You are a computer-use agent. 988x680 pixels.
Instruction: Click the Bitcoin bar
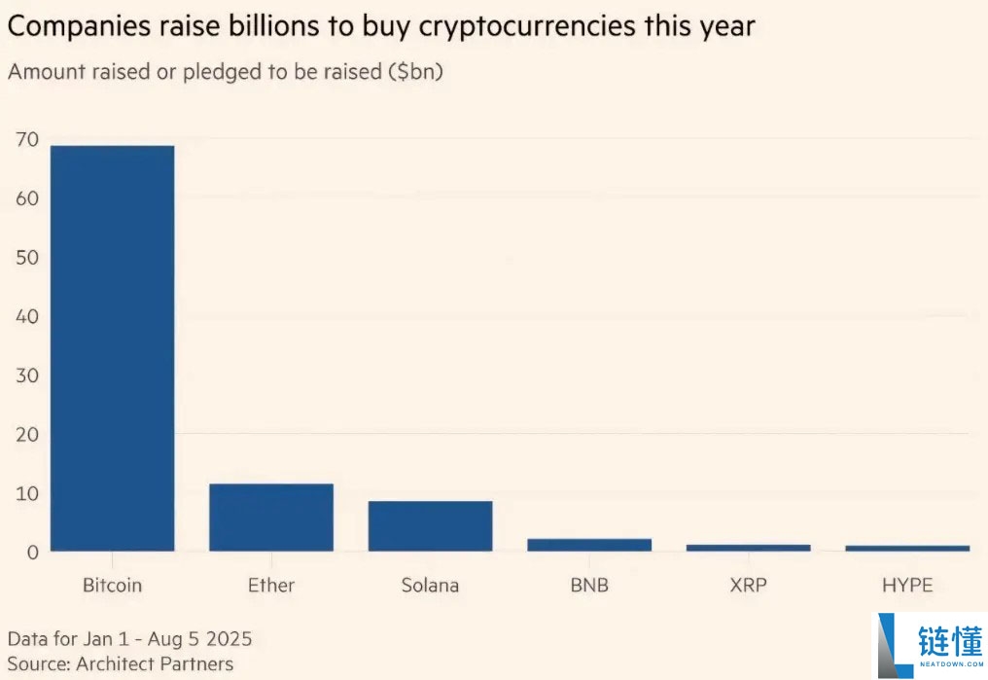pyautogui.click(x=112, y=348)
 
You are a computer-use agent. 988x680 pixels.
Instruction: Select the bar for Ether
pyautogui.click(x=271, y=518)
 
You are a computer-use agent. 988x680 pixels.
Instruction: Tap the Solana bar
pyautogui.click(x=430, y=526)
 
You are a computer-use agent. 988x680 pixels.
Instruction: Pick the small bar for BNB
pyautogui.click(x=589, y=545)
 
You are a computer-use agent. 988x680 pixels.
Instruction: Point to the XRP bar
pyautogui.click(x=748, y=548)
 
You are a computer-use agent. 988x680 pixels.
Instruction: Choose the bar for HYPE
pyautogui.click(x=907, y=549)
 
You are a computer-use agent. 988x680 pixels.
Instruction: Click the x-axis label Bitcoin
pyautogui.click(x=111, y=586)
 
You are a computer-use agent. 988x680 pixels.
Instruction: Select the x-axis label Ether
pyautogui.click(x=271, y=586)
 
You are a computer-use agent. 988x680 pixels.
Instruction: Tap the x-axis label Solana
pyautogui.click(x=430, y=586)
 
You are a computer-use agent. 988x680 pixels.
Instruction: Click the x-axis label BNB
pyautogui.click(x=589, y=586)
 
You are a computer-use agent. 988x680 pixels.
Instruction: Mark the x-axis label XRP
pyautogui.click(x=748, y=586)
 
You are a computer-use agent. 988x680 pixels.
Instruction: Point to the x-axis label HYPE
pyautogui.click(x=907, y=586)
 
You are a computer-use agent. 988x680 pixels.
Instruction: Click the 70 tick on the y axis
pyautogui.click(x=27, y=140)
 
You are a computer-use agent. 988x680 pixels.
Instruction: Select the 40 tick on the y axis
pyautogui.click(x=27, y=317)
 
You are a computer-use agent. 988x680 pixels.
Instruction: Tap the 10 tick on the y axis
pyautogui.click(x=27, y=494)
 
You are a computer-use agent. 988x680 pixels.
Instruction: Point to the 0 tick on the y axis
pyautogui.click(x=32, y=553)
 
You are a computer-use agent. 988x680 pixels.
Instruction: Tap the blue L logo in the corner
pyautogui.click(x=895, y=645)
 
